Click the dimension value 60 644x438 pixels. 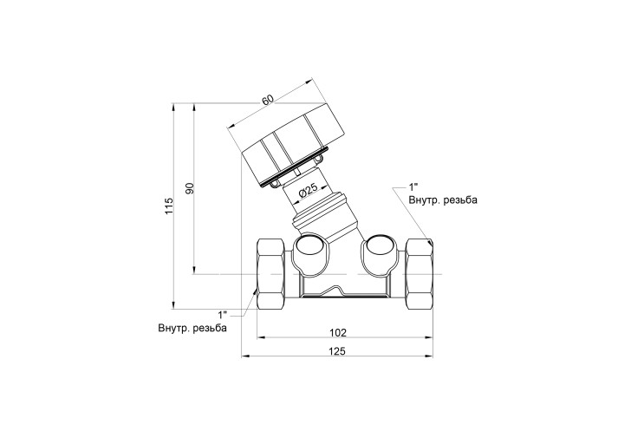point(267,100)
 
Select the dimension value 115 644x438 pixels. point(169,206)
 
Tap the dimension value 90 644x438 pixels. point(189,188)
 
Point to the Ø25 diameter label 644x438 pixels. point(307,191)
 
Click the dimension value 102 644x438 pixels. point(338,332)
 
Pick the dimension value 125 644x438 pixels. point(337,351)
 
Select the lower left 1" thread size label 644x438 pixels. point(223,315)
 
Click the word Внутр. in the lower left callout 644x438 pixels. point(172,329)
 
